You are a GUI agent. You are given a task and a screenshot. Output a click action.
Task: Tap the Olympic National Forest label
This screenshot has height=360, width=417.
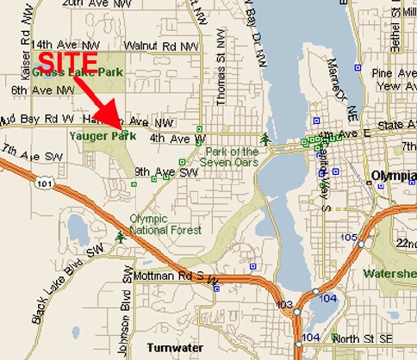165,224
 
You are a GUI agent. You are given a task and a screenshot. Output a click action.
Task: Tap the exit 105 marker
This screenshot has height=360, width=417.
349,237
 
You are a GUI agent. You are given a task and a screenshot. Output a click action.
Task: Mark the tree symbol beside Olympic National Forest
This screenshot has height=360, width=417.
119,235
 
